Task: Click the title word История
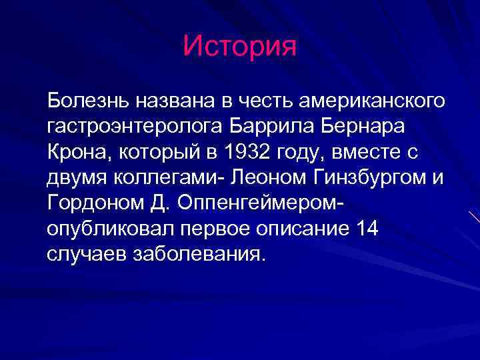[239, 46]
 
